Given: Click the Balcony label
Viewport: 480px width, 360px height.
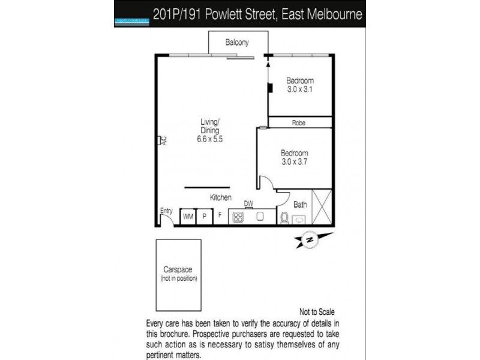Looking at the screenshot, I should tap(237, 43).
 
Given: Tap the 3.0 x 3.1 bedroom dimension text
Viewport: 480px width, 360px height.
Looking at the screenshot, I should tap(300, 89).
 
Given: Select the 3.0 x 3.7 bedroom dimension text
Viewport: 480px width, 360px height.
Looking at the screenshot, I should tap(294, 161).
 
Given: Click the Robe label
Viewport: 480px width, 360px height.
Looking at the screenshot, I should tap(299, 122).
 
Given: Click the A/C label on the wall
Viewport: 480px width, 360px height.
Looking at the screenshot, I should tap(162, 140).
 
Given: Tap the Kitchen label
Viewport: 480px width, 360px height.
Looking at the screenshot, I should tap(220, 197).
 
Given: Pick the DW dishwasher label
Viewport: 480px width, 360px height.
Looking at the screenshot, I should tap(248, 203).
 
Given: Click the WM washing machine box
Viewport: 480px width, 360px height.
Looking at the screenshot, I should tap(188, 217).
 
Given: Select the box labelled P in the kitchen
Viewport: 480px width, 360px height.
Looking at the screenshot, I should tap(204, 217).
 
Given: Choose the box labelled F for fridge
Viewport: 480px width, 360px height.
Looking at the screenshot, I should tap(220, 217).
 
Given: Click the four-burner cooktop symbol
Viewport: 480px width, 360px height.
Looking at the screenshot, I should tap(238, 217).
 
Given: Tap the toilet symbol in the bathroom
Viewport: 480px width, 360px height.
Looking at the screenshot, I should tap(285, 217).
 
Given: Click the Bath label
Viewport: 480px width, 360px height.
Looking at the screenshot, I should tap(300, 205).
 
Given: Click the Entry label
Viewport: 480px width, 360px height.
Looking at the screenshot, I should tap(166, 210).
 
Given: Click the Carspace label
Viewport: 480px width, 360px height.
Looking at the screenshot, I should tap(178, 270).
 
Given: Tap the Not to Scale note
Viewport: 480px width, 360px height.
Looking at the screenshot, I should tap(316, 312).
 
